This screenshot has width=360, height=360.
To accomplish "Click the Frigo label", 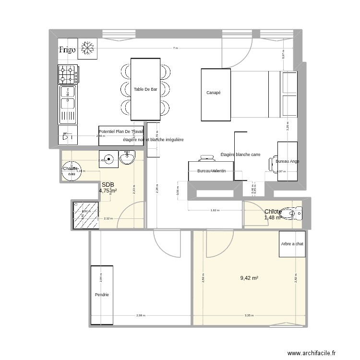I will (x=68, y=49).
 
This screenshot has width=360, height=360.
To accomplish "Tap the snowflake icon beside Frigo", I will (x=87, y=48).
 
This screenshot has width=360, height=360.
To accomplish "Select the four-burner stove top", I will (x=68, y=74).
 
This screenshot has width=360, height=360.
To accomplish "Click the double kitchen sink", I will (x=68, y=103).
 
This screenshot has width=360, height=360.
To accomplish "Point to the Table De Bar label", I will (x=145, y=89).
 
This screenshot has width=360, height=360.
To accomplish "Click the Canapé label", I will (x=214, y=93).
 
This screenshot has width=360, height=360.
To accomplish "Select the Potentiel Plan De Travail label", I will (x=121, y=132).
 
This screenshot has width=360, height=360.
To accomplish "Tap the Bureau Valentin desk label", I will (x=212, y=171).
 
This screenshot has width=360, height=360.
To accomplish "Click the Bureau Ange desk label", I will (x=287, y=162).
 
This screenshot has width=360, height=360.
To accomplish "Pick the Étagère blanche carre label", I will (x=240, y=155).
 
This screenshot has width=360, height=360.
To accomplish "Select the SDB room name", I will (x=108, y=184).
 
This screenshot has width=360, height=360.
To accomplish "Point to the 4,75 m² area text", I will (x=108, y=191).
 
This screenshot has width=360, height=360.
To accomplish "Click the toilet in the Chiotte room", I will (x=291, y=212).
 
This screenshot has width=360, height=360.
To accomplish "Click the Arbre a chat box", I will (x=292, y=244).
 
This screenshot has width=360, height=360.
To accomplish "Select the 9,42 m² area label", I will (x=249, y=278).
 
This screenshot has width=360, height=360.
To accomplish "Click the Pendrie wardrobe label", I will (x=101, y=295).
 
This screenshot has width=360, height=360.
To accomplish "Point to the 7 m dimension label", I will (x=175, y=48).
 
